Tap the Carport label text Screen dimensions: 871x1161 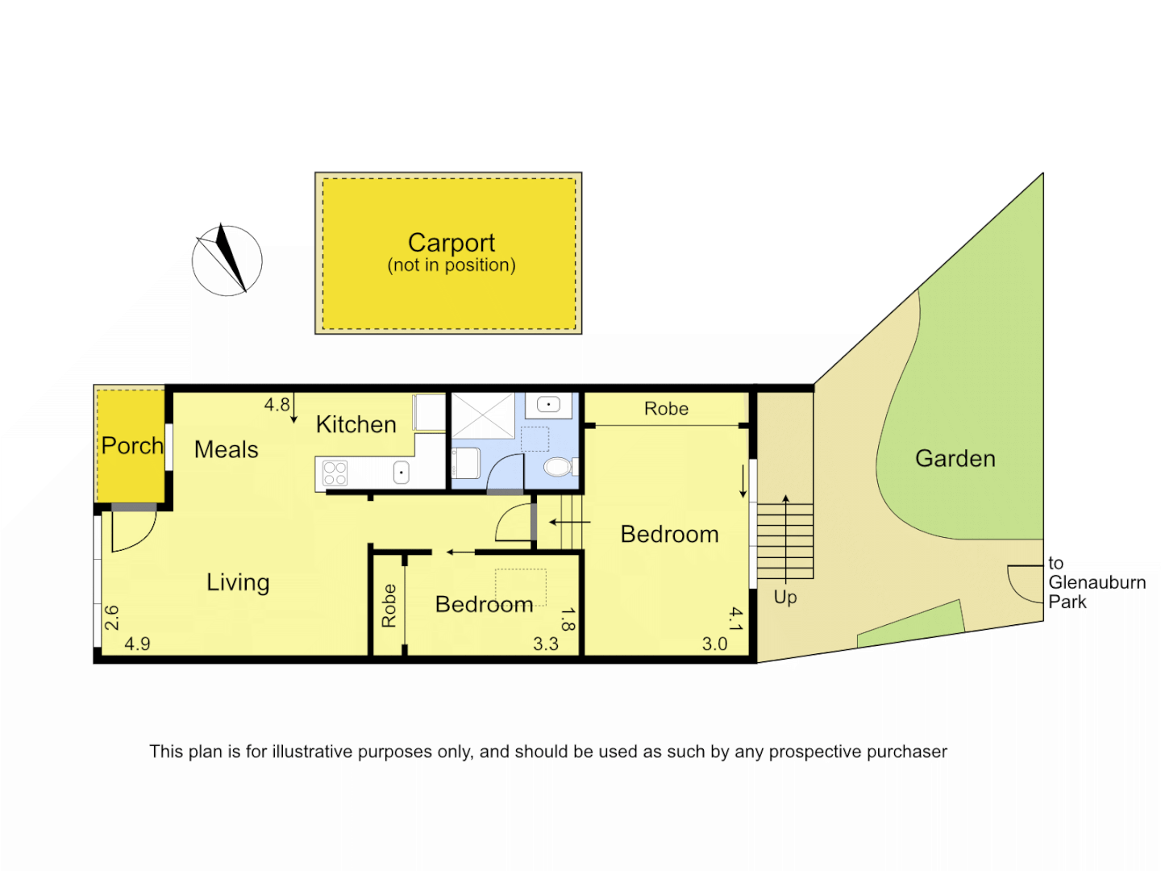[x=451, y=243]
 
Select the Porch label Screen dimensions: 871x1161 [x=132, y=445]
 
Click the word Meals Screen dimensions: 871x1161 [x=226, y=449]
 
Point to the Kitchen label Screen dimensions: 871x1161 [x=356, y=424]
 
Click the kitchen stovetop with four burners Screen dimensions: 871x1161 [x=335, y=473]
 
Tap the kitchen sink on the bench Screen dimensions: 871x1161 [x=401, y=473]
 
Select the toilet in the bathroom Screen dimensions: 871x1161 [x=557, y=467]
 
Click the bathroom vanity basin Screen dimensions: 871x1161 [x=548, y=404]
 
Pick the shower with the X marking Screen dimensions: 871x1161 [x=482, y=416]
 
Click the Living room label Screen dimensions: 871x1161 [x=238, y=581]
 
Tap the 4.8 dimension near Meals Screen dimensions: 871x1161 [x=277, y=405]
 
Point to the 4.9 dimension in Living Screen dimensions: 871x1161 [x=137, y=644]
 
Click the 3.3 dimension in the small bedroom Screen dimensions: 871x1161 [x=545, y=644]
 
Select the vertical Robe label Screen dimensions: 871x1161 [x=389, y=606]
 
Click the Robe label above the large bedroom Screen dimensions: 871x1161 [x=666, y=409]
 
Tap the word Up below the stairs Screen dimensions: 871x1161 [x=784, y=597]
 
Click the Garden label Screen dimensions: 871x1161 [x=955, y=458]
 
